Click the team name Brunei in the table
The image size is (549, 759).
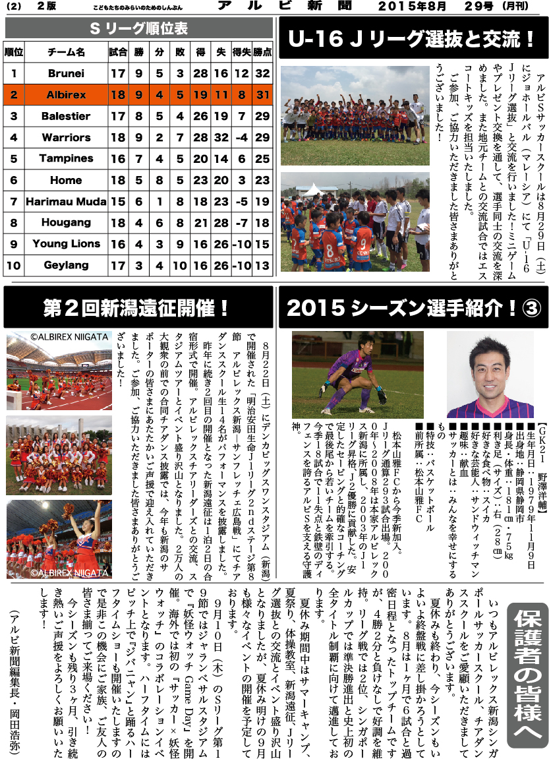click(66, 74)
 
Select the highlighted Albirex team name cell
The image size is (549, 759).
click(66, 95)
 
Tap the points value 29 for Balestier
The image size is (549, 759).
click(262, 117)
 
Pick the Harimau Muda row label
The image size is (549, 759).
click(66, 201)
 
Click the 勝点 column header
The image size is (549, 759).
click(262, 51)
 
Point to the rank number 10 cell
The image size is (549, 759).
click(14, 265)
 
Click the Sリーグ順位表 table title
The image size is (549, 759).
click(138, 28)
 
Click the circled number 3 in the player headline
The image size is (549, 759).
click(531, 307)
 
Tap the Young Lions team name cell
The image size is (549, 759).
click(66, 244)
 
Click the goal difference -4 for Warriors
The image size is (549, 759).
click(241, 137)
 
